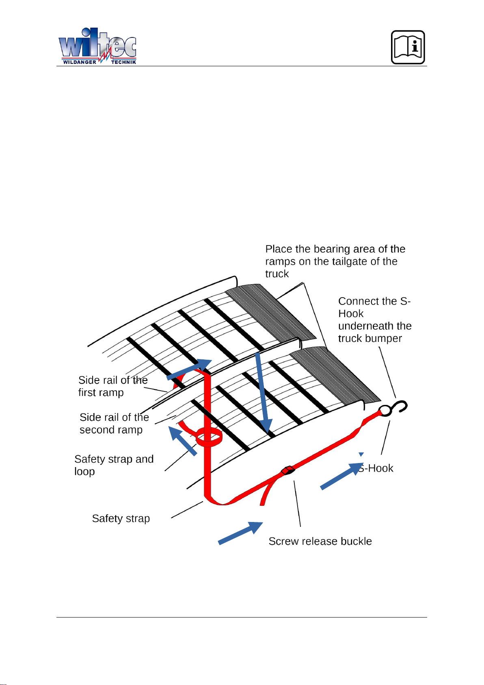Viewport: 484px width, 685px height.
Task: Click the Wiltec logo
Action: [97, 46]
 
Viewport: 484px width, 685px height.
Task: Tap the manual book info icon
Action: [408, 47]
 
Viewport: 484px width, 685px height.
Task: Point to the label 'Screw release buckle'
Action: [320, 541]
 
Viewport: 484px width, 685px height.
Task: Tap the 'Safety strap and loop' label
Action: [114, 465]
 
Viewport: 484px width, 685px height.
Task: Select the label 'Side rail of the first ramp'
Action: [113, 386]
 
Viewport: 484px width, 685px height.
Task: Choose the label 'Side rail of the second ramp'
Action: [114, 423]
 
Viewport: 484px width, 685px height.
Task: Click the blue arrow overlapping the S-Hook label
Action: [342, 476]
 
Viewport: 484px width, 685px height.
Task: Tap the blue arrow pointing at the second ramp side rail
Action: [183, 441]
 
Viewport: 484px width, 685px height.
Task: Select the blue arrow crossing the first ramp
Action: [189, 370]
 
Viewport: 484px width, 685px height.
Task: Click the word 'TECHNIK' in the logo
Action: [124, 62]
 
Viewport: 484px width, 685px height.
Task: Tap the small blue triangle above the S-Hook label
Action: [361, 454]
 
